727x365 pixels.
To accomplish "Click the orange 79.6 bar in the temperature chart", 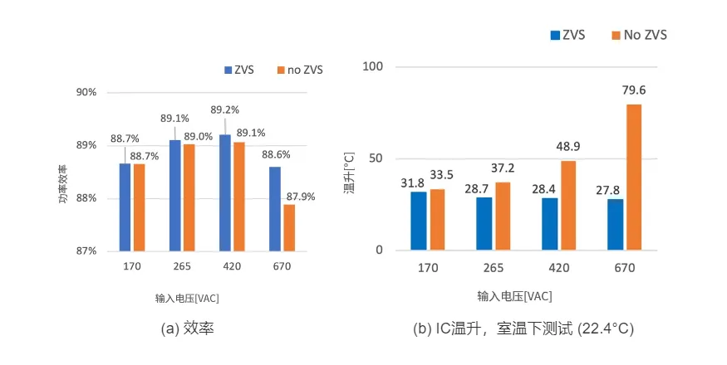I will click(x=634, y=177).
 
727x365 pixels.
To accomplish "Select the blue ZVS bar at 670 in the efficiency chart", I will click(x=275, y=208).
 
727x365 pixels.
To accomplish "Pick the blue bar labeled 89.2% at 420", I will click(x=225, y=192).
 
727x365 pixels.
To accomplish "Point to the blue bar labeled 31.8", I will click(x=418, y=221).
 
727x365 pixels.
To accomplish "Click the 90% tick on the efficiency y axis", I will click(x=86, y=92).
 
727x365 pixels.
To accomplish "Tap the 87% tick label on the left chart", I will click(x=86, y=251).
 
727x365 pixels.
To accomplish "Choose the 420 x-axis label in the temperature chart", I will click(x=558, y=269).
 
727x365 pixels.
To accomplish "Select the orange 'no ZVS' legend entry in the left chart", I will click(x=300, y=70).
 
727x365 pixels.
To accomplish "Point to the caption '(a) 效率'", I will click(x=188, y=328).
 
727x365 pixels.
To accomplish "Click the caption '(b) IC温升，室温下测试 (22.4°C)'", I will click(x=523, y=328).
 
